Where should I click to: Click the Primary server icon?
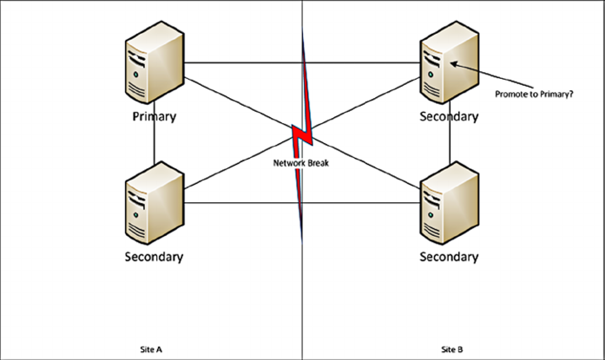coord(154,66)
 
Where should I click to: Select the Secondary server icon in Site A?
coord(154,205)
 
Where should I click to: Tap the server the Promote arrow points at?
coord(448,66)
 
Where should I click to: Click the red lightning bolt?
coord(301,134)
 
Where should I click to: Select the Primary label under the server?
coord(154,116)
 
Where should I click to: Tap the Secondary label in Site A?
coord(154,256)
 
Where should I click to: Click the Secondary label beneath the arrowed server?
coord(448,116)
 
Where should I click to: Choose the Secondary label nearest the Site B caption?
coord(448,256)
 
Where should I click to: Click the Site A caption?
coord(151,350)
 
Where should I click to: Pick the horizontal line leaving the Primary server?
coord(243,63)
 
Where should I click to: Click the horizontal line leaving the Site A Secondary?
coord(243,203)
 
